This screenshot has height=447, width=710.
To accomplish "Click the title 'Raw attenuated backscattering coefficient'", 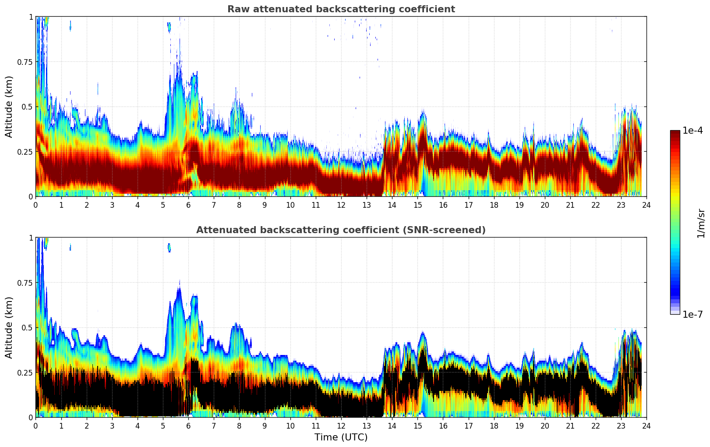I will click(x=341, y=9).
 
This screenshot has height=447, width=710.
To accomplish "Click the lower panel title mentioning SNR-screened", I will click(x=341, y=230).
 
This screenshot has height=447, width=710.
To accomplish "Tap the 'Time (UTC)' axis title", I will click(x=341, y=437).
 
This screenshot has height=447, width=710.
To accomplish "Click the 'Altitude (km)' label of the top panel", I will click(x=9, y=106).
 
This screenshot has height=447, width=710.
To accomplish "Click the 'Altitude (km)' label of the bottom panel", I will click(x=9, y=327).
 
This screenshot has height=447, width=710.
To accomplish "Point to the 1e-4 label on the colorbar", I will click(x=692, y=131).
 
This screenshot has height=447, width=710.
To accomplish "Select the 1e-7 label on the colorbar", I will click(x=692, y=314).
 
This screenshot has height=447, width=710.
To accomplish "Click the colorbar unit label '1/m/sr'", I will click(x=700, y=223).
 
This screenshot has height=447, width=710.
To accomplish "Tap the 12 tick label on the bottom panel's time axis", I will click(x=341, y=426).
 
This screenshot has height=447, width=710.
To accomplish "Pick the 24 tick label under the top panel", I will click(x=646, y=205).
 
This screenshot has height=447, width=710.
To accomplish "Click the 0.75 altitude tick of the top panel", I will click(x=25, y=62).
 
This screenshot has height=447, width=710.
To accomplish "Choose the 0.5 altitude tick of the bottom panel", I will click(x=28, y=327).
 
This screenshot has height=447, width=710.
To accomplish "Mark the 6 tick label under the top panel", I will click(x=188, y=205).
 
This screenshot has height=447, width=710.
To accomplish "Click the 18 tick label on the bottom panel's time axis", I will click(x=494, y=426).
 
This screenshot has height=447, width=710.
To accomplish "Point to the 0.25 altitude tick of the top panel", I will click(x=25, y=152).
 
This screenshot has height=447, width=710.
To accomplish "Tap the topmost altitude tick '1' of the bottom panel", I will click(x=31, y=238).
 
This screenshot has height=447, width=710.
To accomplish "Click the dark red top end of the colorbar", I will click(x=675, y=132).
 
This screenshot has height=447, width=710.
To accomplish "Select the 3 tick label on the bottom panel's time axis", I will click(x=112, y=426).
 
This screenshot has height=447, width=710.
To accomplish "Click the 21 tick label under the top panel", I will click(x=570, y=205).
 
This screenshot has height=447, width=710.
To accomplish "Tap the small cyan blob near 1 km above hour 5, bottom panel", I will click(x=169, y=247).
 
